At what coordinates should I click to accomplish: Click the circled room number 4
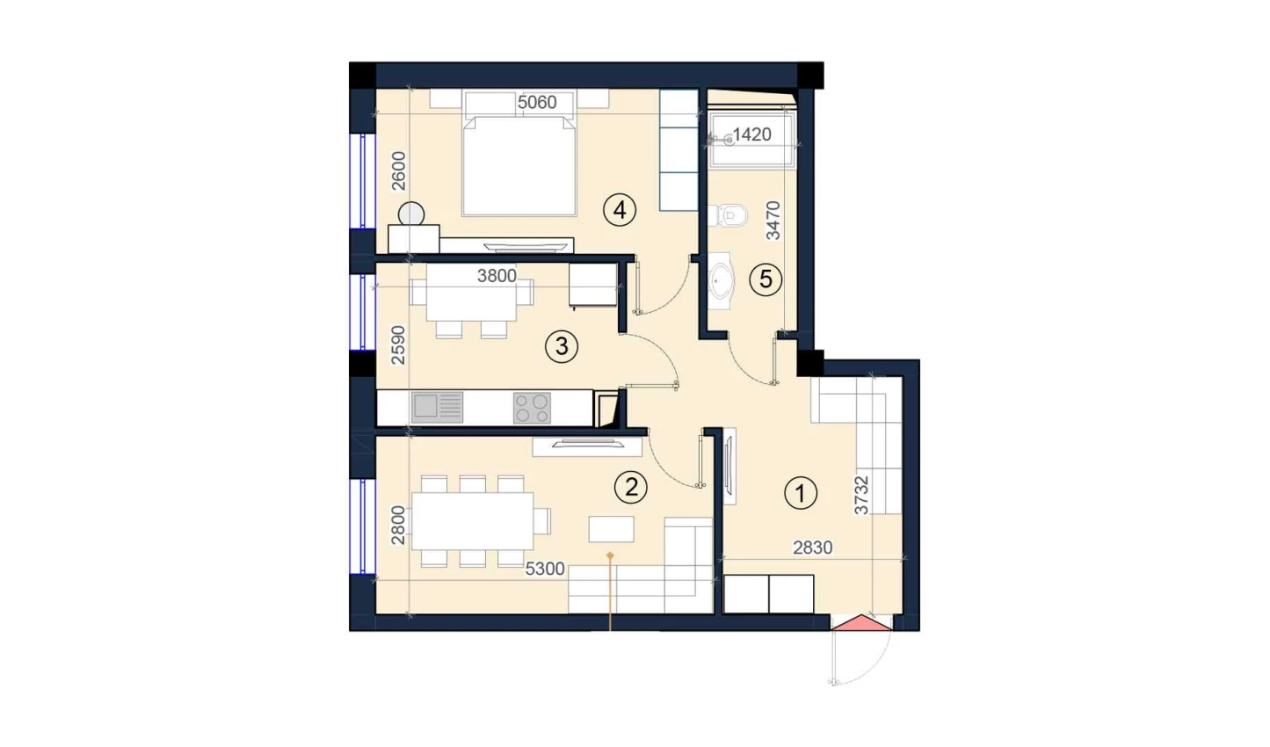[x=620, y=210]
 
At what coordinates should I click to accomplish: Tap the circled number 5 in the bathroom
[x=766, y=279]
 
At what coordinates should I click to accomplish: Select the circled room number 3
[x=562, y=346]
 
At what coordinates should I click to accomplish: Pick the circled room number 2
[x=631, y=487]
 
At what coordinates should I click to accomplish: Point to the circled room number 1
[x=801, y=493]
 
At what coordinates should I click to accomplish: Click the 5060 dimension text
[x=537, y=103]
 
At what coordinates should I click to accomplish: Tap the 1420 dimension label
[x=751, y=134]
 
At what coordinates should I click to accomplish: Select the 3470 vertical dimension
[x=773, y=221]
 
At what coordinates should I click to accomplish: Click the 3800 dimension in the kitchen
[x=497, y=276]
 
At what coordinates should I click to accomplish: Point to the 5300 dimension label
[x=545, y=569]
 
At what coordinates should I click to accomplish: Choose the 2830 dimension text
[x=812, y=548]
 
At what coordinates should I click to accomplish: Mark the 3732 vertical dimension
[x=861, y=495]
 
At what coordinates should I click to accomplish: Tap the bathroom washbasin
[x=722, y=280]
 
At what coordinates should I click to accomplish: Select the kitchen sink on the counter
[x=437, y=408]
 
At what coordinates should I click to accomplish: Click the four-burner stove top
[x=532, y=408]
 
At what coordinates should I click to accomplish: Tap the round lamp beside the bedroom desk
[x=411, y=214]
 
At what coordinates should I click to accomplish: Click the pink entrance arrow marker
[x=861, y=622]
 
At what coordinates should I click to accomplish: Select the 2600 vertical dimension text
[x=399, y=170]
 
